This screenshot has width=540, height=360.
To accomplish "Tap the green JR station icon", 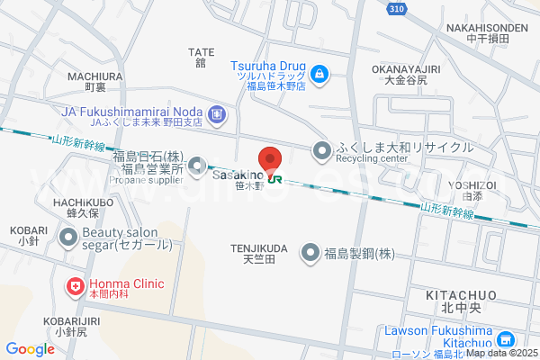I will coord(275,178).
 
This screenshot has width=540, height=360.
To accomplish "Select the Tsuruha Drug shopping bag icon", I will coord(319,72).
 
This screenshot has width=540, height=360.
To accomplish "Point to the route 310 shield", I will coord(396,8).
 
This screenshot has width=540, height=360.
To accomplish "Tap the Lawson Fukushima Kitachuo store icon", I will coord(506,339).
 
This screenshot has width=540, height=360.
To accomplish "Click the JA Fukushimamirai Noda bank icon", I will coord(216,114).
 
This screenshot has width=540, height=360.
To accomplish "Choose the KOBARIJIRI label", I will coord(68,320).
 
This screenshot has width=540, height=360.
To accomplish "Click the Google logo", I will coord(30,349).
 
